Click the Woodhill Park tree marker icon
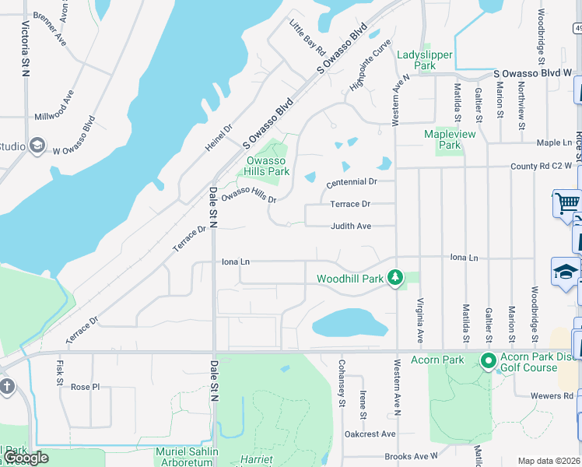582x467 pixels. (x=396, y=278)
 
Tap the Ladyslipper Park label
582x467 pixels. (x=415, y=61)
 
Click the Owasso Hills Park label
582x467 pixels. (x=267, y=166)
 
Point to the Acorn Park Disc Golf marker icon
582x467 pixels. (x=489, y=360)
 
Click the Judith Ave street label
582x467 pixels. (x=351, y=226)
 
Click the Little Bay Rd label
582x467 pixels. (x=307, y=37)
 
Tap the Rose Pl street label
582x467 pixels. (x=86, y=387)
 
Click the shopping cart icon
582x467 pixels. (x=568, y=203)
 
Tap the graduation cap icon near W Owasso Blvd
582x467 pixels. (x=37, y=146)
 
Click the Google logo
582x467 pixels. (x=25, y=458)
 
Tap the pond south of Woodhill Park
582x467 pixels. (x=349, y=321)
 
